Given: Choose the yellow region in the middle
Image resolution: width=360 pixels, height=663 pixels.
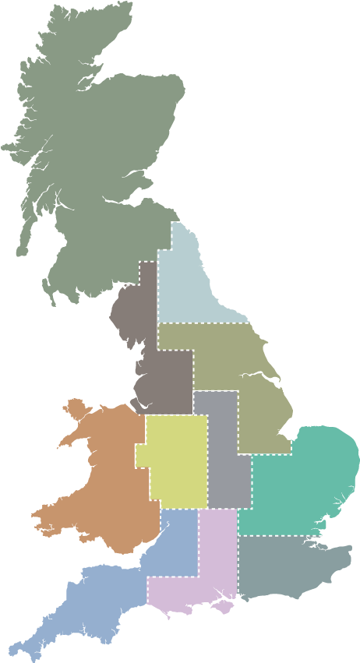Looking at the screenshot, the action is pyautogui.click(x=178, y=460).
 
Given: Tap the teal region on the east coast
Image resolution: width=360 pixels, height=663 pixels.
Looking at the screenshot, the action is pyautogui.click(x=300, y=475).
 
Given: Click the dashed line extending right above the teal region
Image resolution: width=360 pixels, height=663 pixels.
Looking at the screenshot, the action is pyautogui.click(x=327, y=423).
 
